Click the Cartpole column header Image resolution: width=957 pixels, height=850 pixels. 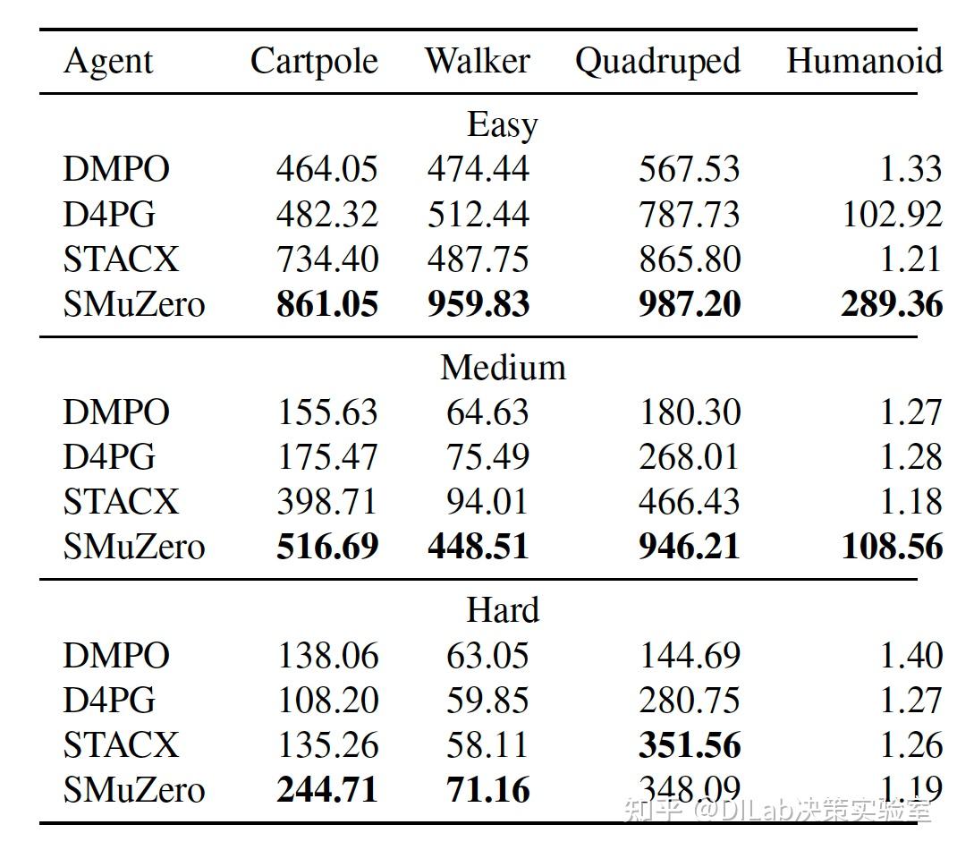(x=314, y=62)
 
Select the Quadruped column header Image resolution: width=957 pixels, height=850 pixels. (x=657, y=62)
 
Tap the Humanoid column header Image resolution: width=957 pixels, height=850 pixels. (x=864, y=62)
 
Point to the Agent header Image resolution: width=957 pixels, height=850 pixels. (x=108, y=62)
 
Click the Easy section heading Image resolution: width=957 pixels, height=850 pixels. (x=502, y=125)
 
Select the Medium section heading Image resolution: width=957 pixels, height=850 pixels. (x=503, y=368)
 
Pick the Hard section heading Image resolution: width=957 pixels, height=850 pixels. (x=503, y=610)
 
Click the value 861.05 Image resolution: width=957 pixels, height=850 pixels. (x=327, y=304)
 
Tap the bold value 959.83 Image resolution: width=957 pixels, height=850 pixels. (x=478, y=304)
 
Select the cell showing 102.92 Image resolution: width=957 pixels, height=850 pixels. (x=892, y=215)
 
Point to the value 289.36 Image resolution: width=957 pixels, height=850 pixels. (x=892, y=304)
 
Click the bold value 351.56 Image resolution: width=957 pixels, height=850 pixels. (x=690, y=744)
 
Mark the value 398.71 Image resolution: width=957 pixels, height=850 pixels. (x=327, y=502)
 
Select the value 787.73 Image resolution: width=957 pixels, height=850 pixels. (x=690, y=215)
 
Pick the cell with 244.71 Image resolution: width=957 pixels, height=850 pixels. (x=327, y=790)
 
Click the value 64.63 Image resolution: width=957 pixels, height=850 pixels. (x=487, y=412)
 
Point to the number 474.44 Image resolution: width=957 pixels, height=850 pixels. (x=478, y=169)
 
